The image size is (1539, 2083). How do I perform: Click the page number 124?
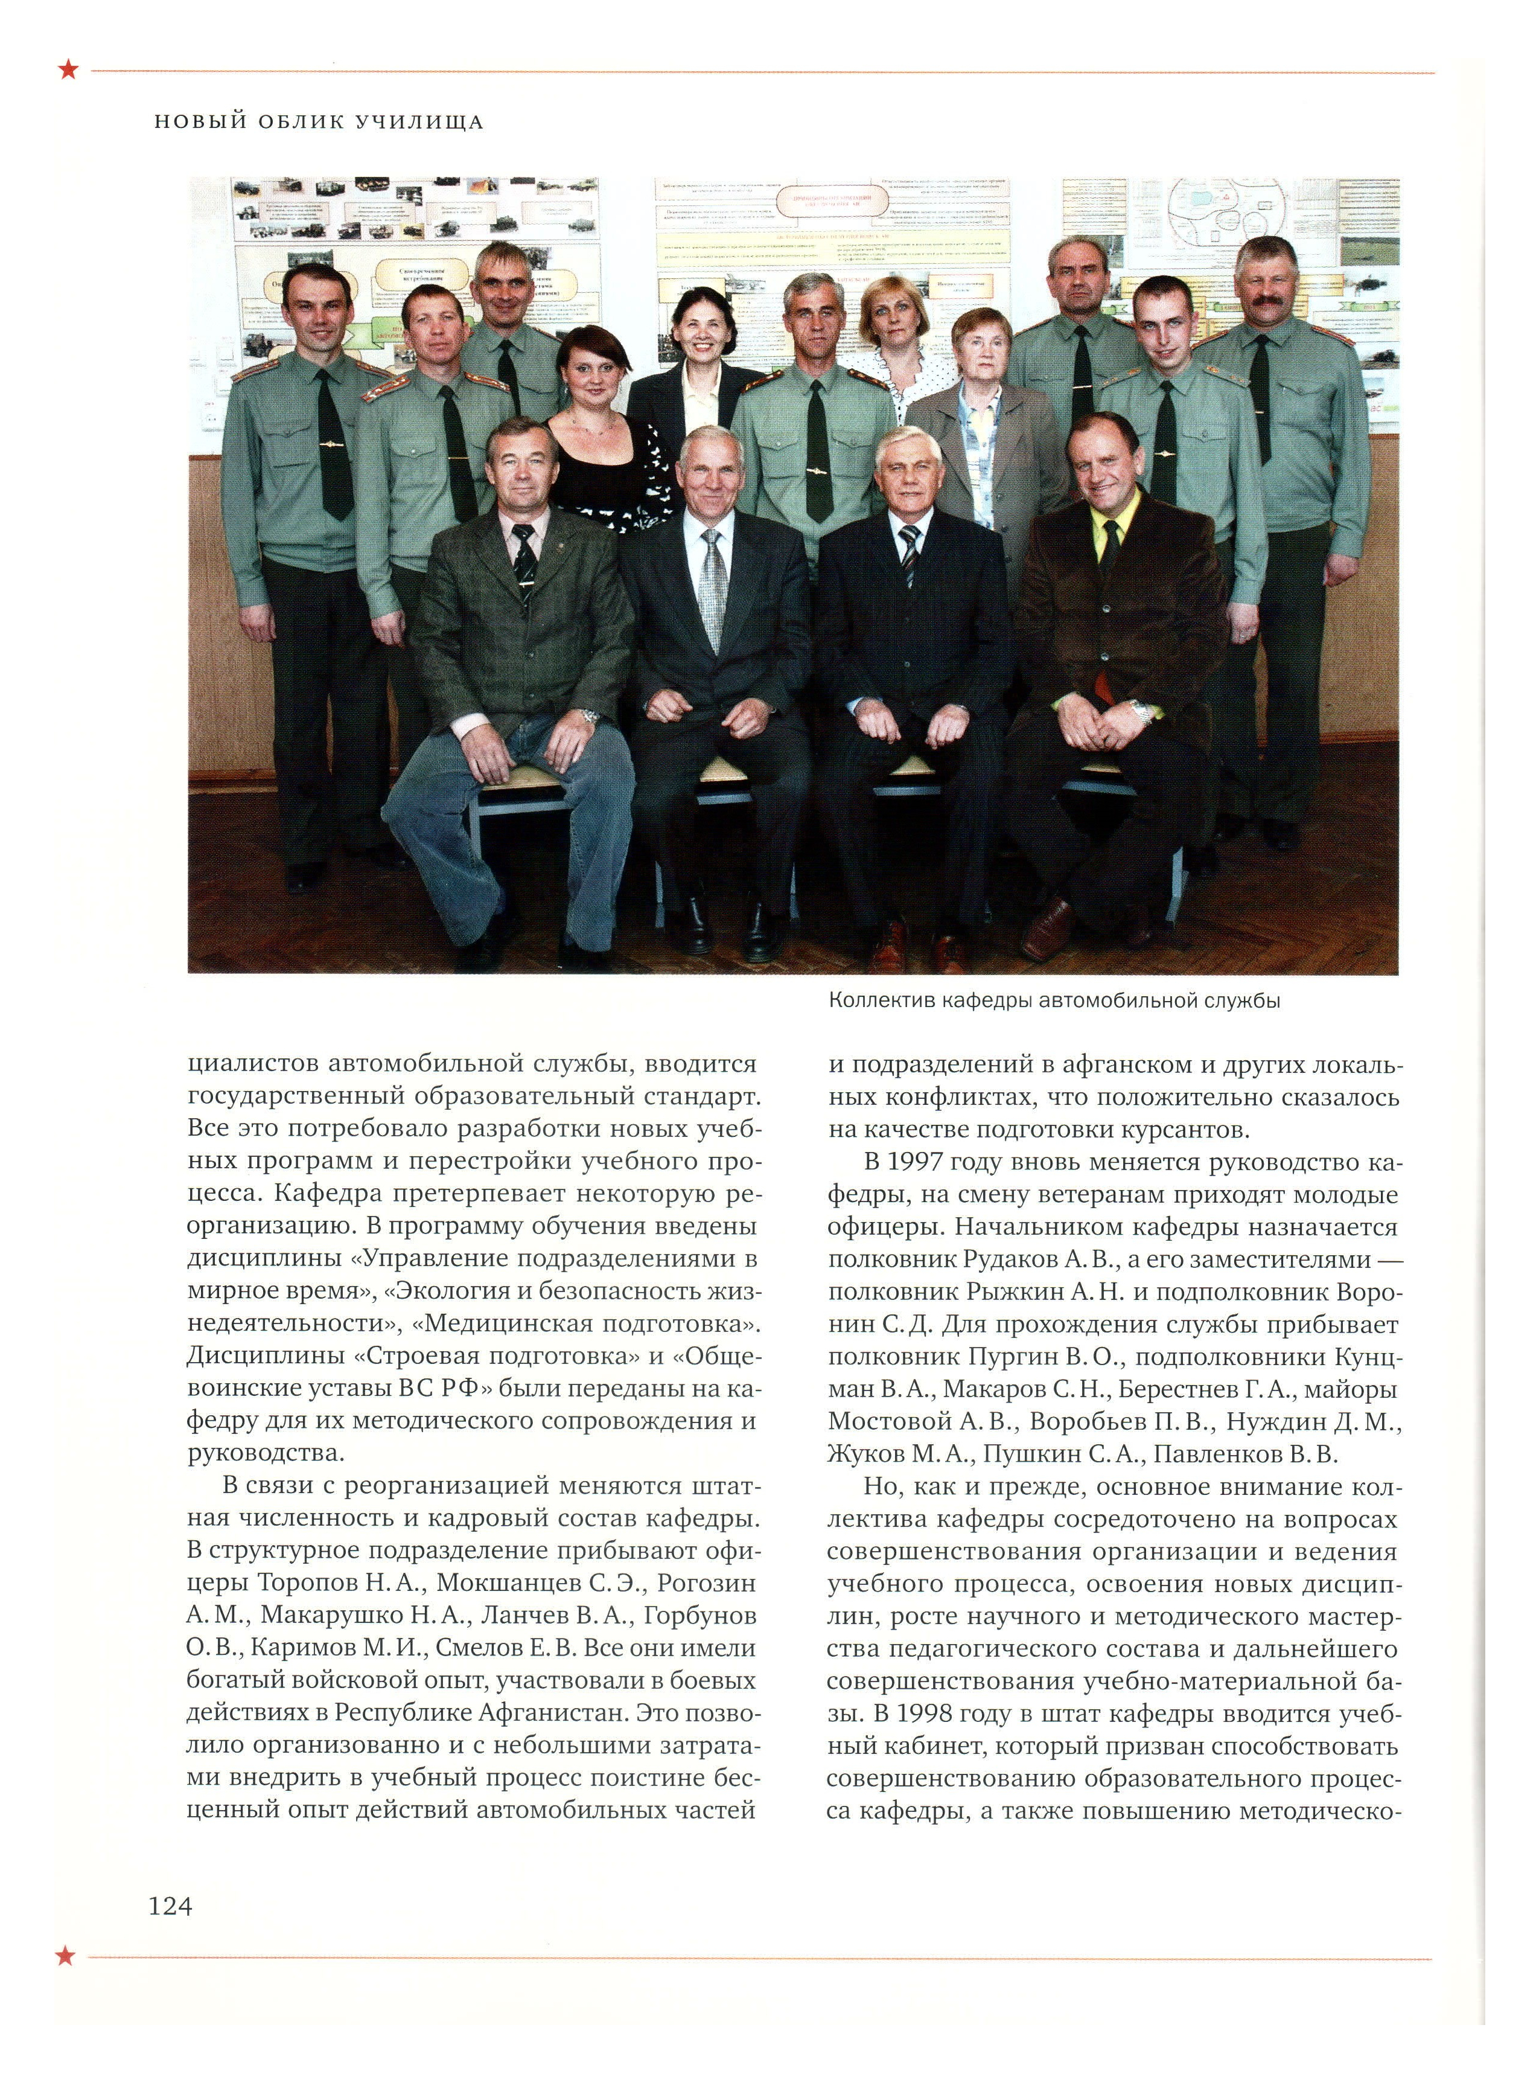coord(170,1906)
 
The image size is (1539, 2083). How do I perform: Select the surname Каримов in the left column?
coord(304,1647)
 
